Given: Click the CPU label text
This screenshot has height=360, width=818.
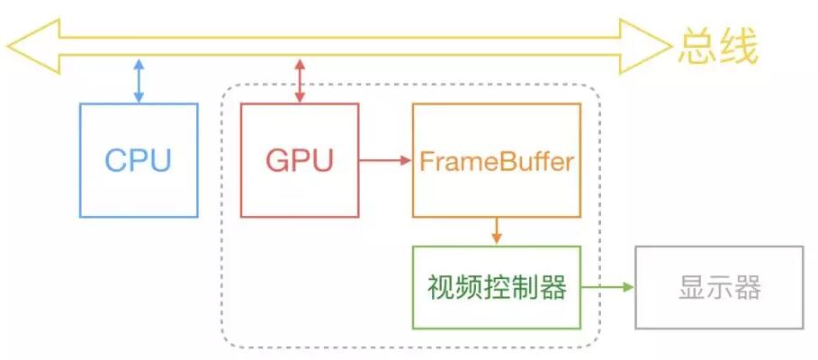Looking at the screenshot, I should (138, 160).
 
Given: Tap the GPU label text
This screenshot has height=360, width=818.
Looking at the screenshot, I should (300, 160).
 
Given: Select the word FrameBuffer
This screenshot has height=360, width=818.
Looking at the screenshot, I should (496, 162).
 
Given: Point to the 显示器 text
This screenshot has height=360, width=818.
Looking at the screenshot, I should (718, 289).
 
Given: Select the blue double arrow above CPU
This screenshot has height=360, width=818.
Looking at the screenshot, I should (138, 80).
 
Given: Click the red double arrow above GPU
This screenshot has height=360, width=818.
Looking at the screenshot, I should (300, 80).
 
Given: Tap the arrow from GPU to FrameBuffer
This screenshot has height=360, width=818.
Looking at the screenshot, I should (385, 161).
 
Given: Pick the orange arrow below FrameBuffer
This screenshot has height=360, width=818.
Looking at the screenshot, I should (496, 230).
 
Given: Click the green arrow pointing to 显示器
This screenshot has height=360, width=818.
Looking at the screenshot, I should (607, 288).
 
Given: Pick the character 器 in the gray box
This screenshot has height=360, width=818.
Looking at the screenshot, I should (747, 289).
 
